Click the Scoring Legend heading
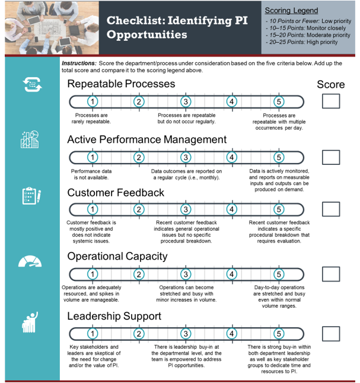click(291, 11)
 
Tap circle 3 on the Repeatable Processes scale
click(186, 101)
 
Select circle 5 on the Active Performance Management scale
click(279, 157)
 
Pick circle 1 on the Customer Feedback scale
click(93, 209)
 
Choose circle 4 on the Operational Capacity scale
click(232, 274)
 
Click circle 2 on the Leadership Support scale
click(139, 334)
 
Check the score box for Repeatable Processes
click(331, 101)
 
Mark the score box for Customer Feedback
click(331, 209)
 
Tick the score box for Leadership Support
click(331, 334)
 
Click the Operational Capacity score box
click(331, 274)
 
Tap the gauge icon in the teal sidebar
click(30, 261)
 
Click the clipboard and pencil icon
click(31, 196)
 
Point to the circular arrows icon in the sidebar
click(32, 85)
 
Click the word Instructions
click(79, 63)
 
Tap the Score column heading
click(331, 85)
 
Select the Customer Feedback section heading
click(116, 193)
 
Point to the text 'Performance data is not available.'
click(91, 174)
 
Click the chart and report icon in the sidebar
click(30, 139)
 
